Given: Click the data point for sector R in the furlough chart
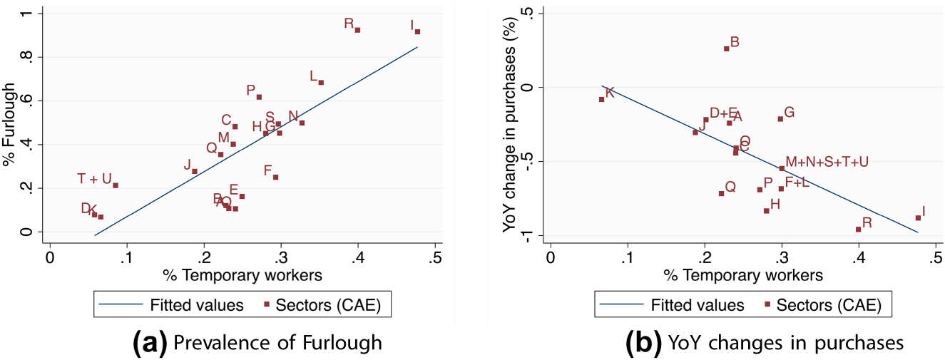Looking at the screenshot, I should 357,30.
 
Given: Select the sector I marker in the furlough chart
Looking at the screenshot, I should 417,31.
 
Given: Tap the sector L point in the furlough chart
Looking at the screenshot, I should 321,83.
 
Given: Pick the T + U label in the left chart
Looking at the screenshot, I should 94,179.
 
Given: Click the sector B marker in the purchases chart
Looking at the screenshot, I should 726,48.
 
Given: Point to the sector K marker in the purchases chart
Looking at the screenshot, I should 601,99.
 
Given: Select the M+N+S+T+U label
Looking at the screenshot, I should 827,162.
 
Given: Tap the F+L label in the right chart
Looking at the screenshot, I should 797,182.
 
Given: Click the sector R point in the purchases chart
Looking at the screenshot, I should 858,229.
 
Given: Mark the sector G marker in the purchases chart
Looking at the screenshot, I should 780,119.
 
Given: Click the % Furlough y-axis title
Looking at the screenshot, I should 10,123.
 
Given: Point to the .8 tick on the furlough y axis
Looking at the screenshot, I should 31,57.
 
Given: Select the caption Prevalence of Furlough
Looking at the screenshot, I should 277,343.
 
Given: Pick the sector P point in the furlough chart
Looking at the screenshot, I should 259,97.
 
